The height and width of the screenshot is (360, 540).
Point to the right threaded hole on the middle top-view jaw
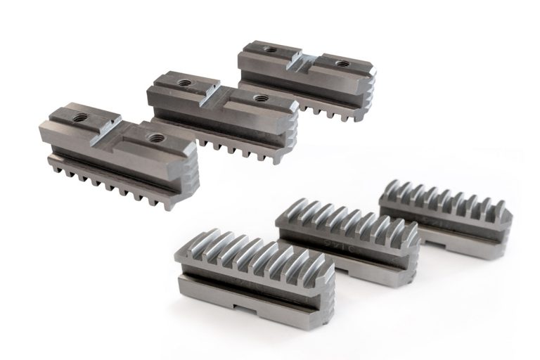coord(261,98)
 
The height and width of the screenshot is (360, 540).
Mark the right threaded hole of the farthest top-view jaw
coord(342,63)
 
